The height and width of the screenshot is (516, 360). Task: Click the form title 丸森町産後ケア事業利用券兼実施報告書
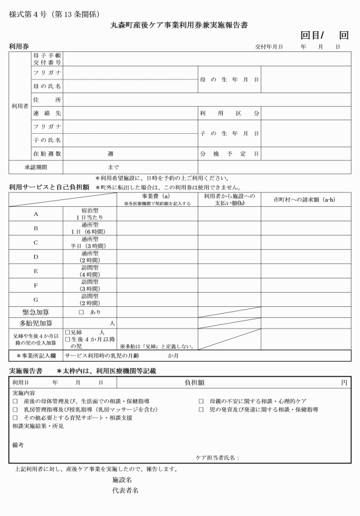coord(179,26)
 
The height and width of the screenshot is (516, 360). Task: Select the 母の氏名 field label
coord(47,86)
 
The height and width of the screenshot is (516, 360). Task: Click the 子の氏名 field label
coord(47,139)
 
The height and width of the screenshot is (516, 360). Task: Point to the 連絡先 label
coord(47,113)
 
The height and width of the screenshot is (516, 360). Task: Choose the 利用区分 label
coord(229,113)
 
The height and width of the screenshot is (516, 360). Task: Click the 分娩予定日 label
coord(229,154)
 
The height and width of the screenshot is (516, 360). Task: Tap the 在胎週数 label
coord(47,154)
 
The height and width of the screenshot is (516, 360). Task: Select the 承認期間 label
coord(35,167)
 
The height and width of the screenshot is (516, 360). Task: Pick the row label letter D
coord(36,257)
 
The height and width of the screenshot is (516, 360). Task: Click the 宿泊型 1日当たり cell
coord(90,214)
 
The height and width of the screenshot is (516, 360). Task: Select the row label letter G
coord(36,299)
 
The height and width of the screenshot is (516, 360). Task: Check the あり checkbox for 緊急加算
coord(81,312)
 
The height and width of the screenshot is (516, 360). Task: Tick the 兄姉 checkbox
coord(68,332)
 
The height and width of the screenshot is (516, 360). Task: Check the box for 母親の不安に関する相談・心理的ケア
coord(201,401)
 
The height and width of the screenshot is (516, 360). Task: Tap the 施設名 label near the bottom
coord(122,480)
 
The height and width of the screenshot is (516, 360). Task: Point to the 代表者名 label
coord(125,490)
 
